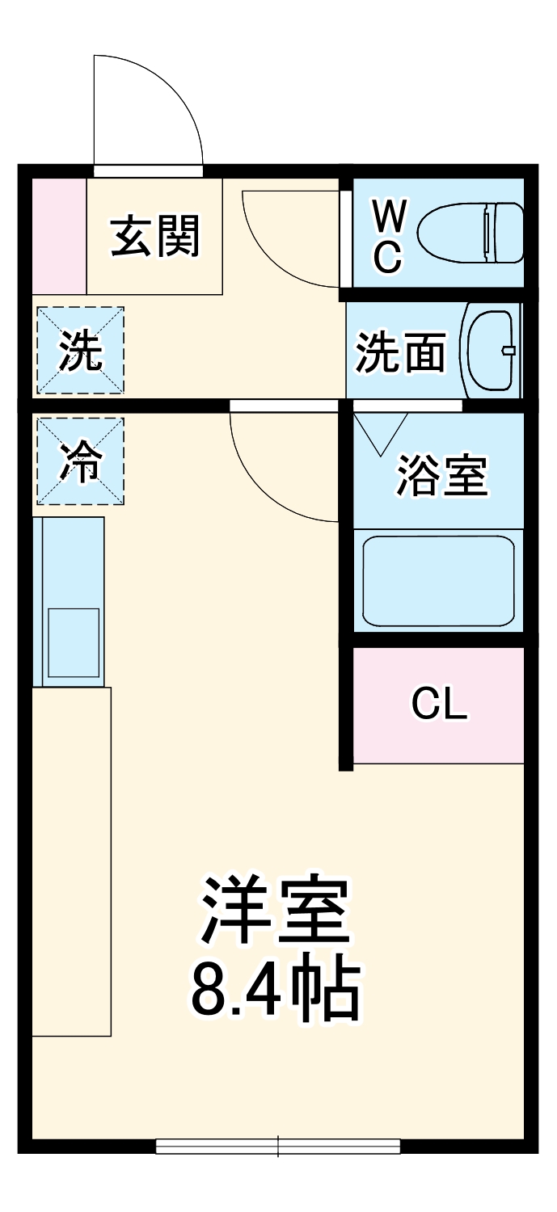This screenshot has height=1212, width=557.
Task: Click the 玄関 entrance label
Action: click(154, 236)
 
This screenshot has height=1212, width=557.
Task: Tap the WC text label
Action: click(388, 236)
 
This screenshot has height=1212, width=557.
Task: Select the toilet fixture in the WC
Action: click(470, 234)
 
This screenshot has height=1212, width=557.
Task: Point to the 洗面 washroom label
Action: click(401, 353)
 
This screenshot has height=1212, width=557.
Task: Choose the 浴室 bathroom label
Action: click(441, 476)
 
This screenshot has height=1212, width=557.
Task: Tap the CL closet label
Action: click(439, 705)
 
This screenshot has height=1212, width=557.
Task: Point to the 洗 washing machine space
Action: click(81, 351)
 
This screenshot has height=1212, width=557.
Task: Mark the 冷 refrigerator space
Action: click(81, 461)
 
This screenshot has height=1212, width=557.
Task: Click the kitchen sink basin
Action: click(73, 642)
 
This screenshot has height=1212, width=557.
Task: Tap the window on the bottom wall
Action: click(278, 1145)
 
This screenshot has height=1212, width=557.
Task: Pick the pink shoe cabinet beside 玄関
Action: click(59, 236)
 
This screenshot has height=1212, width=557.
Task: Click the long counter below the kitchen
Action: click(71, 861)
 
